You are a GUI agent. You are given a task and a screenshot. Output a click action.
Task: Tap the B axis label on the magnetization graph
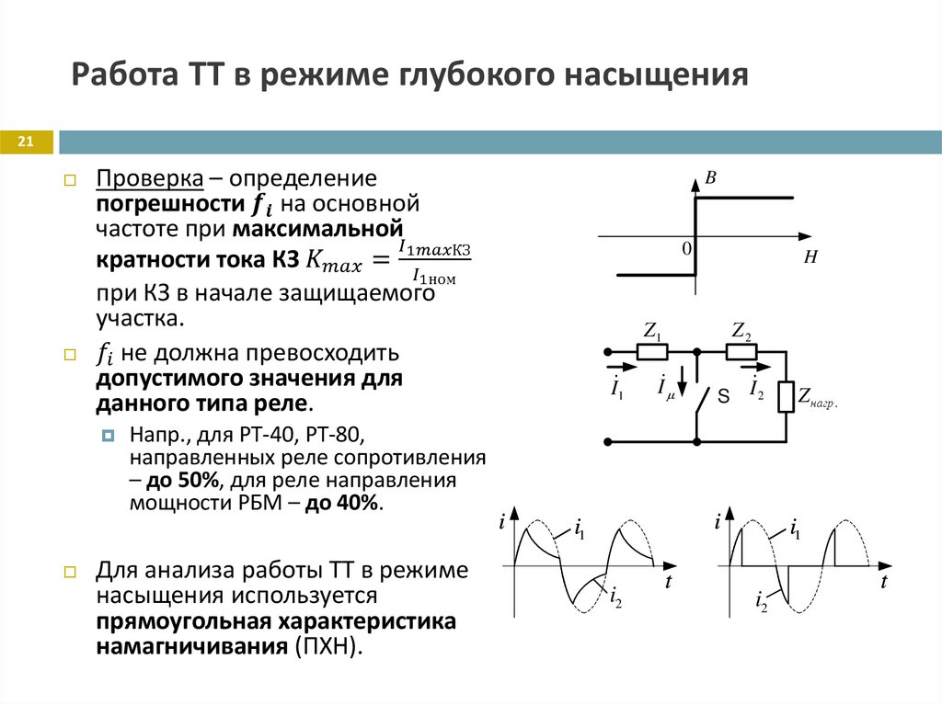pyautogui.click(x=710, y=178)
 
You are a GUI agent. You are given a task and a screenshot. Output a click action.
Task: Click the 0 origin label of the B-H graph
pyautogui.click(x=686, y=248)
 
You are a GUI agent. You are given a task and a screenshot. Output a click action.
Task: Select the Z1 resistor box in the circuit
pyautogui.click(x=652, y=351)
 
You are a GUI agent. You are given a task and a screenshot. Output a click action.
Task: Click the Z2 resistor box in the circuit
pyautogui.click(x=741, y=351)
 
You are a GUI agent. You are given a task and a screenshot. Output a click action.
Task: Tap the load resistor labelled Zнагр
pyautogui.click(x=787, y=396)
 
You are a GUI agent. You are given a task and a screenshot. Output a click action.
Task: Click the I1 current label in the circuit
pyautogui.click(x=616, y=389)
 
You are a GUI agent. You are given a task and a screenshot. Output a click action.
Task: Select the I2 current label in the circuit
pyautogui.click(x=756, y=389)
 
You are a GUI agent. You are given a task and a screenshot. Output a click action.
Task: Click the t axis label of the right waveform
pyautogui.click(x=883, y=583)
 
